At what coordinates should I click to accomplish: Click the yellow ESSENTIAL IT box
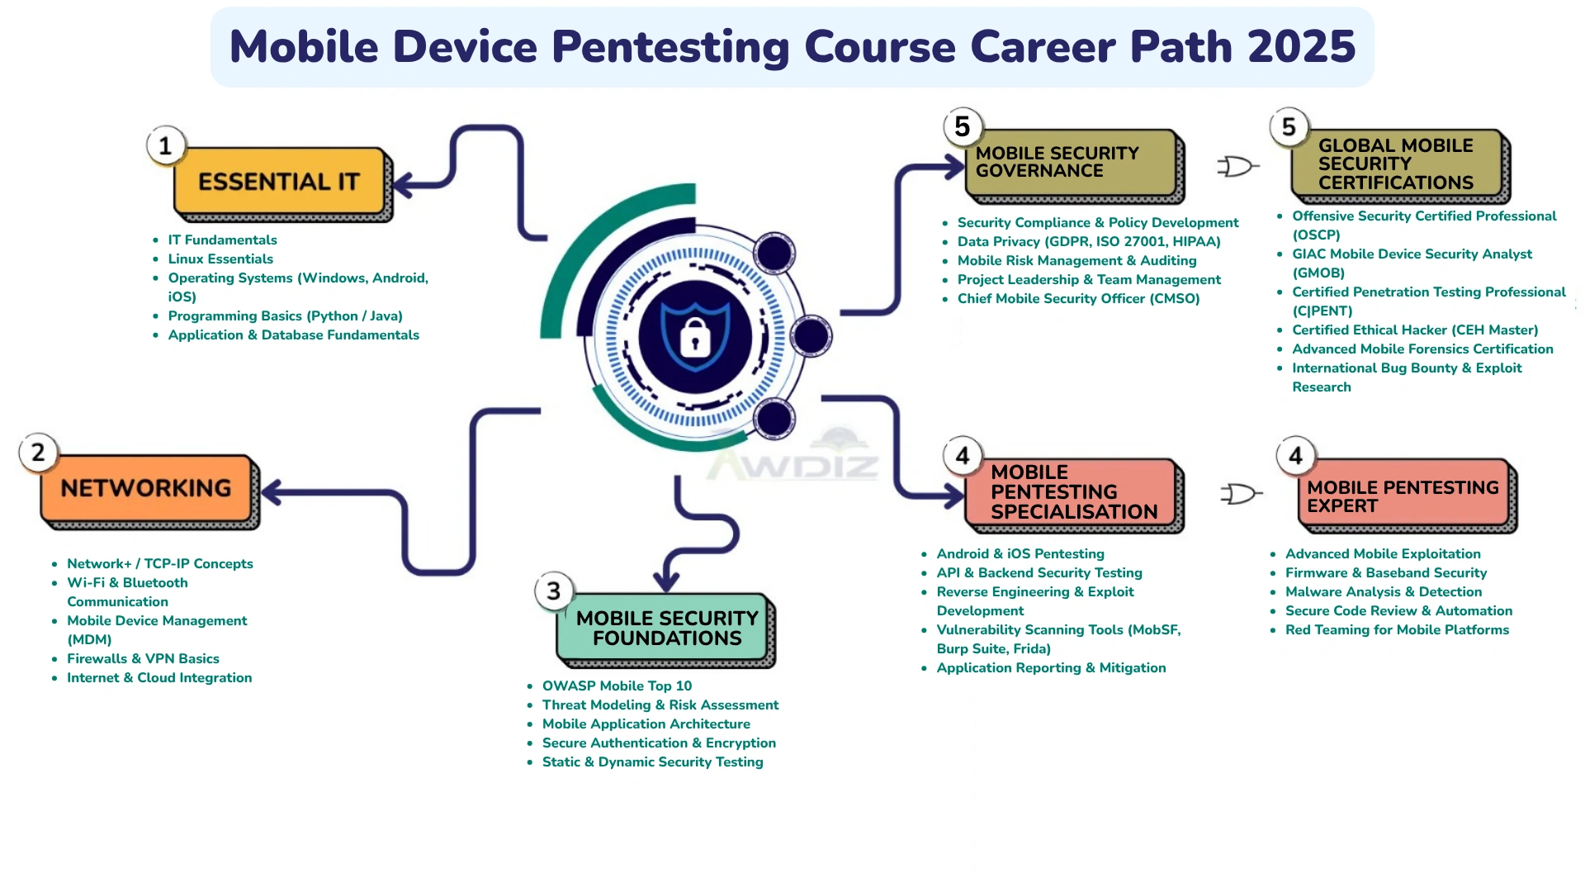point(279,182)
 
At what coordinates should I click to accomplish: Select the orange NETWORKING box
point(146,489)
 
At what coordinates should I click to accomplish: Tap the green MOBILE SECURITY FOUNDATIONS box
point(666,629)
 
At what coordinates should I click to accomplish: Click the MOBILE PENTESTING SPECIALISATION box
point(1073,492)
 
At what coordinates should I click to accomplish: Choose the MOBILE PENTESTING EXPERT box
point(1403,496)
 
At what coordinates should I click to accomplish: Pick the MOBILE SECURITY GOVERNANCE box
point(1072,164)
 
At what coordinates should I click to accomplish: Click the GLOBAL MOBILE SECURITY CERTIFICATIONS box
point(1397,164)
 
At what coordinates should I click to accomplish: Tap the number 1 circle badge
point(166,146)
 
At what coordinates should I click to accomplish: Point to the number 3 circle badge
point(554,591)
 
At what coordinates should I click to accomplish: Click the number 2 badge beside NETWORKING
point(38,453)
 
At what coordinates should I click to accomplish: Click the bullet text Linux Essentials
point(220,259)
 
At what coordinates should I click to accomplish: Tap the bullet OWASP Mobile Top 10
point(617,686)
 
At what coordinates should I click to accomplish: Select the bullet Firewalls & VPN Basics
point(143,659)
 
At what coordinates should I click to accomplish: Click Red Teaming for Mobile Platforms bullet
point(1397,630)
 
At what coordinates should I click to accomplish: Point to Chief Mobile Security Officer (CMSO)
point(1078,299)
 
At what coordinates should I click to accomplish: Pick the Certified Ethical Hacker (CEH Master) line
point(1415,330)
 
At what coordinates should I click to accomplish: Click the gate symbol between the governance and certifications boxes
point(1237,167)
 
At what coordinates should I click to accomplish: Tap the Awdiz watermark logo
point(792,458)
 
